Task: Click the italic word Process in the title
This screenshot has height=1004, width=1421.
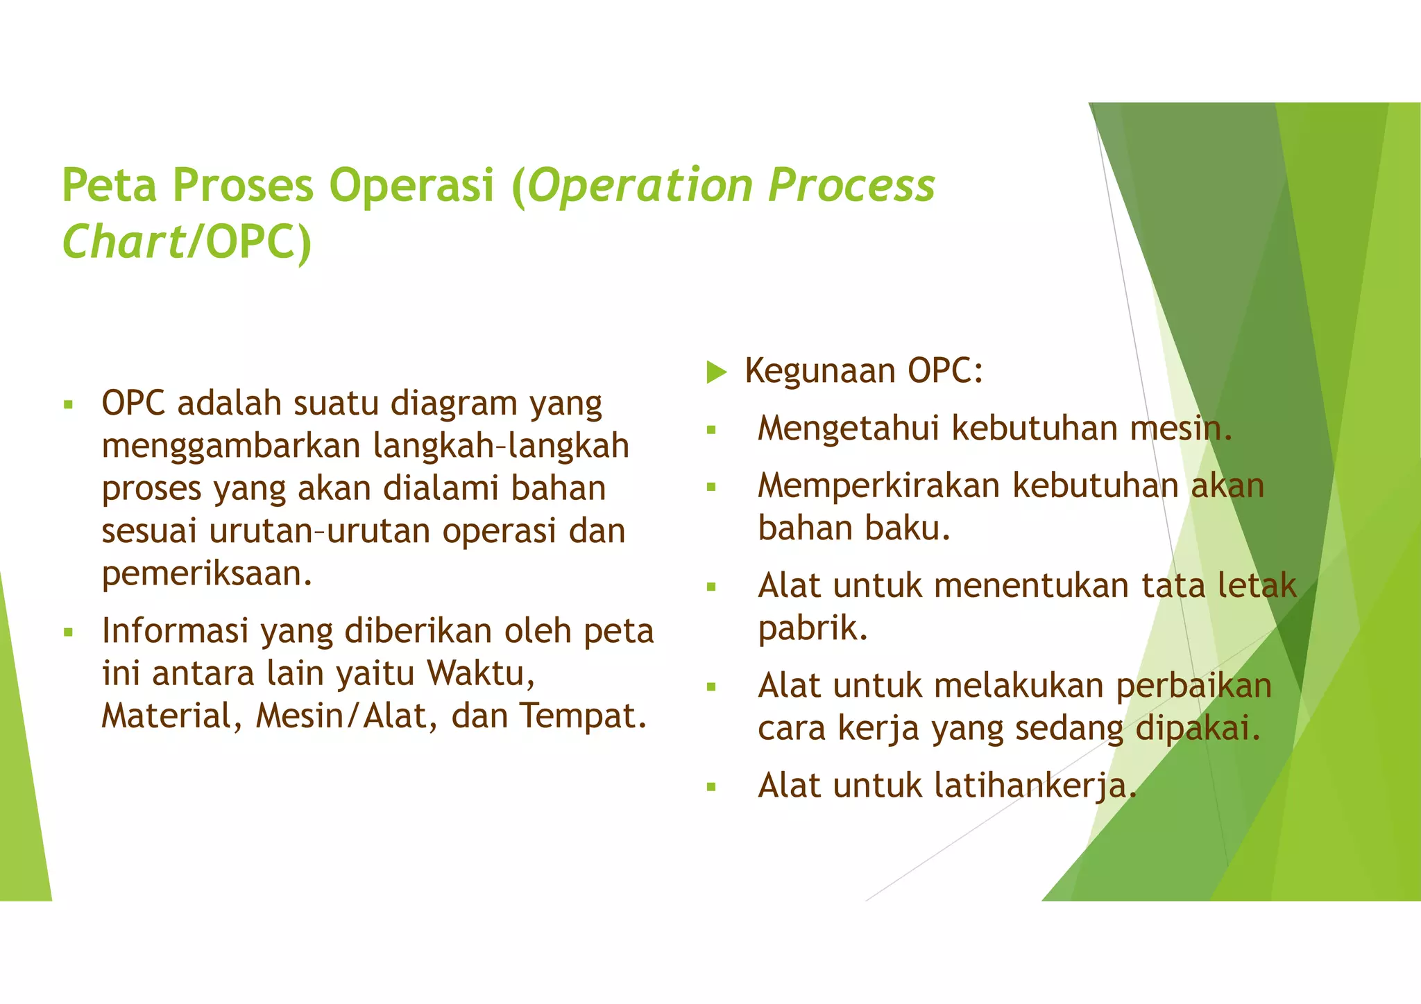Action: [x=851, y=185]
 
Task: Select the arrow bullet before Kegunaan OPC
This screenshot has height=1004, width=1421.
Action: [x=716, y=372]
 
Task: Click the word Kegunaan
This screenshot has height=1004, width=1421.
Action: [x=819, y=371]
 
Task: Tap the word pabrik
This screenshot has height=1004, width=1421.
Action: [x=812, y=628]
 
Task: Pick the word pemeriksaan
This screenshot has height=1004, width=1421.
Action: [x=206, y=574]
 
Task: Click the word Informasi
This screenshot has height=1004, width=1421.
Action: [x=175, y=631]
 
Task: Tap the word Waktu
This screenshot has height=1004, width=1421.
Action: [x=480, y=673]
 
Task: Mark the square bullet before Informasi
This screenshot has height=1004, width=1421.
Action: [x=68, y=632]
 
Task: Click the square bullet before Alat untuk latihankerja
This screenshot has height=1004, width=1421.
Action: [x=710, y=788]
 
